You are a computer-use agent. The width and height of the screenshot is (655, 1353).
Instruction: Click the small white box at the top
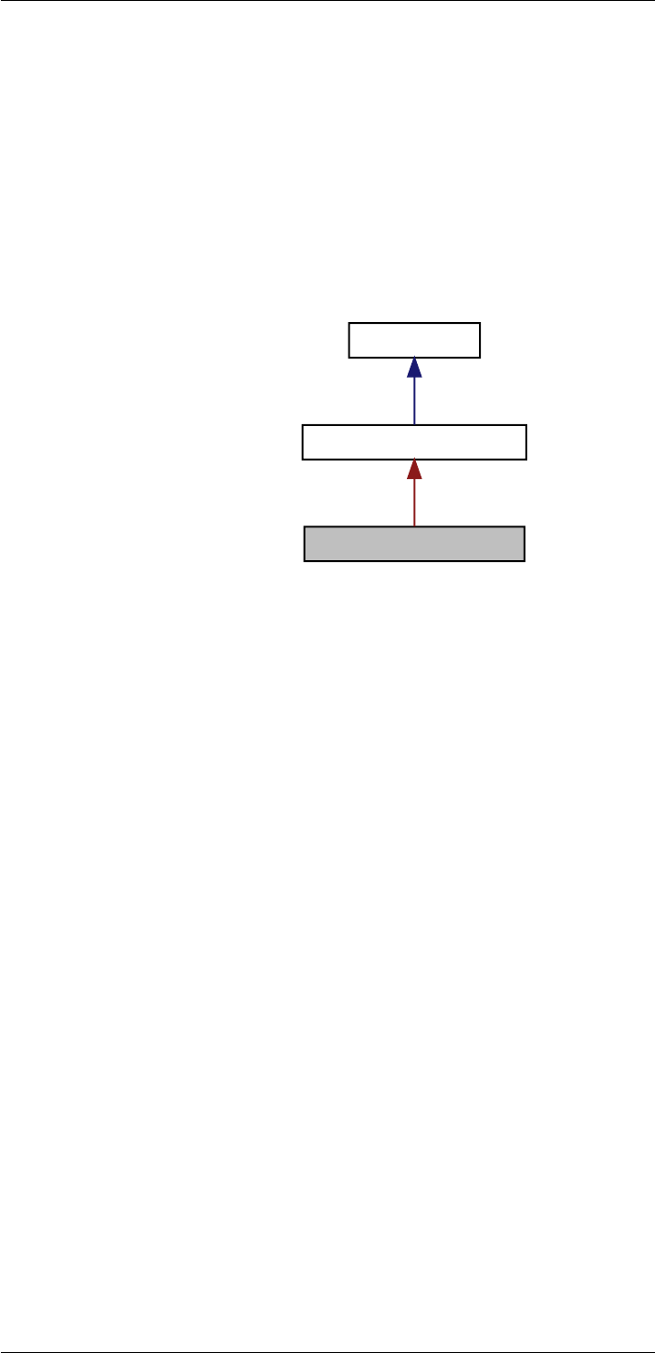[x=414, y=340]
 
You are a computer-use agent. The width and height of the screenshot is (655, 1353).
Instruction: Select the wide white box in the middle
[x=414, y=442]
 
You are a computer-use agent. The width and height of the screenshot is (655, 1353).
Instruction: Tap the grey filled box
[x=414, y=544]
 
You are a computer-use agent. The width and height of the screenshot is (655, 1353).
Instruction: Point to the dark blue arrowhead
[x=414, y=368]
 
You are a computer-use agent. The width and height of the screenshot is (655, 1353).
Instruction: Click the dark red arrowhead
[x=414, y=469]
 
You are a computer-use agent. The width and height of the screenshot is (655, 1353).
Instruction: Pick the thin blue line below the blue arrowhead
[x=414, y=401]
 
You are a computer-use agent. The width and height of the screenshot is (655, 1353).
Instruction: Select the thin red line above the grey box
[x=414, y=503]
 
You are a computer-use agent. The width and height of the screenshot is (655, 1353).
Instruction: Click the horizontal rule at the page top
[x=327, y=1]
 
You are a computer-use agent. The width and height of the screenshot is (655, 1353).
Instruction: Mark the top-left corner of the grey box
[x=304, y=527]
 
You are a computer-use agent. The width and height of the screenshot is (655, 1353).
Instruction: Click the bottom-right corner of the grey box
[x=525, y=561]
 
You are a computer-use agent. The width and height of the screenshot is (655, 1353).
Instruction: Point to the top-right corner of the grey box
[x=525, y=527]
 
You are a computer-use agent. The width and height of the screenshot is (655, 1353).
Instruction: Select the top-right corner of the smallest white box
[x=480, y=323]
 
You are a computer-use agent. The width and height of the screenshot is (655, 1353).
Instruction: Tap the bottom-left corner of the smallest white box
[x=349, y=358]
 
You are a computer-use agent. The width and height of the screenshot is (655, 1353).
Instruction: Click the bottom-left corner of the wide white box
[x=302, y=460]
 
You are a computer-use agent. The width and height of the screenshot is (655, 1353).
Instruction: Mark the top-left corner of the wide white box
[x=302, y=425]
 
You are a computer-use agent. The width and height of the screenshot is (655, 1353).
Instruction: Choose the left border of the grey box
[x=304, y=544]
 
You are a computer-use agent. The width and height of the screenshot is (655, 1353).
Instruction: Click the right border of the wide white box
[x=526, y=442]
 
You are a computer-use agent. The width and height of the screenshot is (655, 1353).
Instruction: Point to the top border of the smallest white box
[x=414, y=323]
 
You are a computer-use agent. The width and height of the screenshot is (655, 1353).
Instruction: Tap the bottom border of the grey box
[x=414, y=561]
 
